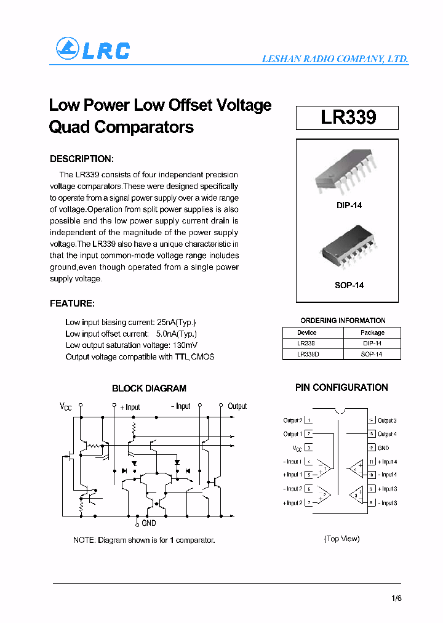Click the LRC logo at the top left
pos(92,49)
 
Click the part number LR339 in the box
pos(348,118)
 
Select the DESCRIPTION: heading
pos(81,159)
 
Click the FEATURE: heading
pos(72,303)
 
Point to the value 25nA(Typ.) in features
pos(177,323)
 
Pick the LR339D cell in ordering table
pos(308,355)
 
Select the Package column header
pos(372,332)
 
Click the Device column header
pos(306,332)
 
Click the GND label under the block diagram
pos(149,523)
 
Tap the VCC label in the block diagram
pos(66,406)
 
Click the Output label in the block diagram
pos(237,406)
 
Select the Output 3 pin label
pos(387,420)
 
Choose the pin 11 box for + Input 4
pos(372,462)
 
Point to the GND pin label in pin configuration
pos(383,448)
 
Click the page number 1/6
pos(396,598)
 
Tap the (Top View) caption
pos(341,539)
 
